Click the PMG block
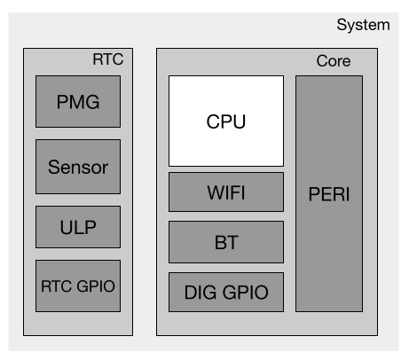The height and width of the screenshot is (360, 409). pos(78,101)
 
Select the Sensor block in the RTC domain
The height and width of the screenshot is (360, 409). pos(78,166)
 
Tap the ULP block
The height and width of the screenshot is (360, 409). pos(78,228)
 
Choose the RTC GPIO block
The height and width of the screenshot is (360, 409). pos(78,286)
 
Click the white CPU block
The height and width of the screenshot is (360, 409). pos(226,121)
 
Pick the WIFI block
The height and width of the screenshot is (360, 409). pos(226,192)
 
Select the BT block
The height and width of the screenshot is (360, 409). pos(226,241)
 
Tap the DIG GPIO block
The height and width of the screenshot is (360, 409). pos(226,292)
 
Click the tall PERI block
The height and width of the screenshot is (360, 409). pos(328,193)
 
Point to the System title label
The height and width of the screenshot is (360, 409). pos(363,24)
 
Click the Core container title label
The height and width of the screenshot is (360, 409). pos(334,62)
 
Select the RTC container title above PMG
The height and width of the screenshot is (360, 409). pos(107,61)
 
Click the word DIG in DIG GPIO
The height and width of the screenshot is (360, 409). pos(201,292)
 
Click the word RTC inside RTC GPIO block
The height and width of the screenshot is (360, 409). pos(57,286)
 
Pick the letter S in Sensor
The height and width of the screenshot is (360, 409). pos(54,166)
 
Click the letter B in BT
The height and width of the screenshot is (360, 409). pos(219,241)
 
